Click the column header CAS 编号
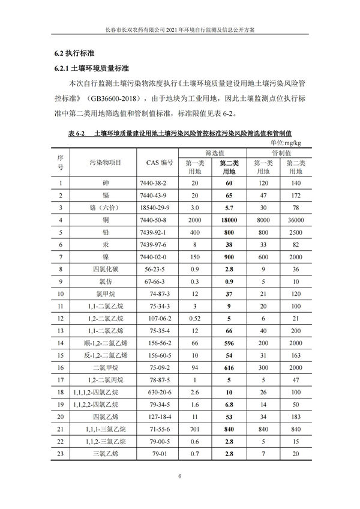click(x=159, y=163)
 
